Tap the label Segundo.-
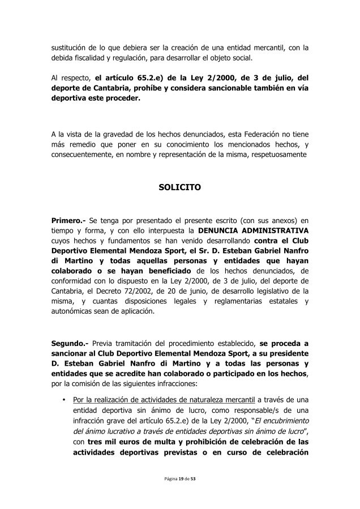pyautogui.click(x=70, y=343)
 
